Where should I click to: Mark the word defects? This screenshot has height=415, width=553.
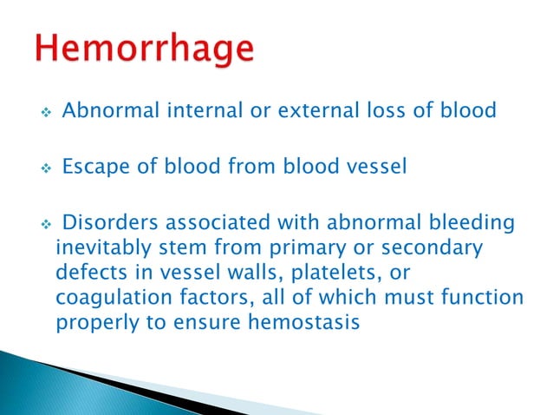point(88,272)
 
